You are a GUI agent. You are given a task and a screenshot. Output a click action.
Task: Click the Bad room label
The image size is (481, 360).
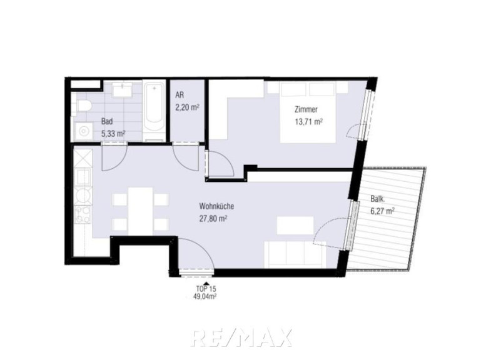point(107,121)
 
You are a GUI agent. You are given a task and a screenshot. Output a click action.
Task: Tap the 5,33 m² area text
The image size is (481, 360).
point(113,134)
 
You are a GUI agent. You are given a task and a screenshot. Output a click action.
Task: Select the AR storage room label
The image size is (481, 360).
point(180,95)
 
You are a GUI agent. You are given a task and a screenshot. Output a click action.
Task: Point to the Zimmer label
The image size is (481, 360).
point(306,109)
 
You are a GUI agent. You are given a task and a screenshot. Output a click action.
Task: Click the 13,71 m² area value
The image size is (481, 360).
point(308,122)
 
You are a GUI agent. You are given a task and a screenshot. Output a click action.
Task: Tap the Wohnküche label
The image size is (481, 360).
point(216,206)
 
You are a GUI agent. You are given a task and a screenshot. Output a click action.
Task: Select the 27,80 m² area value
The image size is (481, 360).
point(213,219)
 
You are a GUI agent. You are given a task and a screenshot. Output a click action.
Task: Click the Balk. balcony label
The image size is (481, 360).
point(378,199)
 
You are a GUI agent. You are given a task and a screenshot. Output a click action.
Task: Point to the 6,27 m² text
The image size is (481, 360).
point(382,211)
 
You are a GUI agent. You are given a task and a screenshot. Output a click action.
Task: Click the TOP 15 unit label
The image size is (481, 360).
point(206,289)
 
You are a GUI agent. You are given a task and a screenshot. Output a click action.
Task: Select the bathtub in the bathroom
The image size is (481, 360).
point(154,111)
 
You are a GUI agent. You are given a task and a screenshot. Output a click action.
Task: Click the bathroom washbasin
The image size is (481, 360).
point(123,89)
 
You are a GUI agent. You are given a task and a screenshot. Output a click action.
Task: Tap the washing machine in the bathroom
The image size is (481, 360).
point(82,131)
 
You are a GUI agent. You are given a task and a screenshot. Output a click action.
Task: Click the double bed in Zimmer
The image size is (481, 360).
point(307,112)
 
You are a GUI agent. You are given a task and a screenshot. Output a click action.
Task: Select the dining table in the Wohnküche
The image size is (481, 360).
point(141,211)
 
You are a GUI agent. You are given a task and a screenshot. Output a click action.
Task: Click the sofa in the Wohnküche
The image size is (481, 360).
point(295,254)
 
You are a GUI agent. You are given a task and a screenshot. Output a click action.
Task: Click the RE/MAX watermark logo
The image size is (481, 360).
point(241,337)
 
